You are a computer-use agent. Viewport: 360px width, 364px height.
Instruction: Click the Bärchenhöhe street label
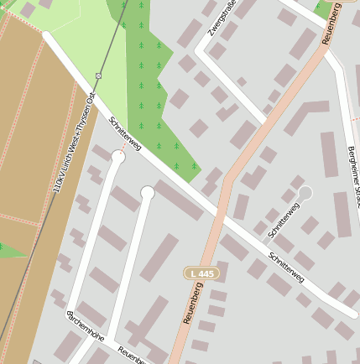84,327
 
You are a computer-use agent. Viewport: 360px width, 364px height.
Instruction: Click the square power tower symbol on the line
98,75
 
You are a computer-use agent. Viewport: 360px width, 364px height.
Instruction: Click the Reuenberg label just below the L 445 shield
192,304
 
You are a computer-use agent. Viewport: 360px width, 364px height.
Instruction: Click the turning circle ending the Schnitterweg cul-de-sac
305,193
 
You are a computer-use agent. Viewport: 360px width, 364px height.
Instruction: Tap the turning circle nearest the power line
118,156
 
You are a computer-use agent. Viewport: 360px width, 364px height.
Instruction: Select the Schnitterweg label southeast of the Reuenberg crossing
287,266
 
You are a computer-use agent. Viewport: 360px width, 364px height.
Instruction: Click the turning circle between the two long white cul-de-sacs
148,193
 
